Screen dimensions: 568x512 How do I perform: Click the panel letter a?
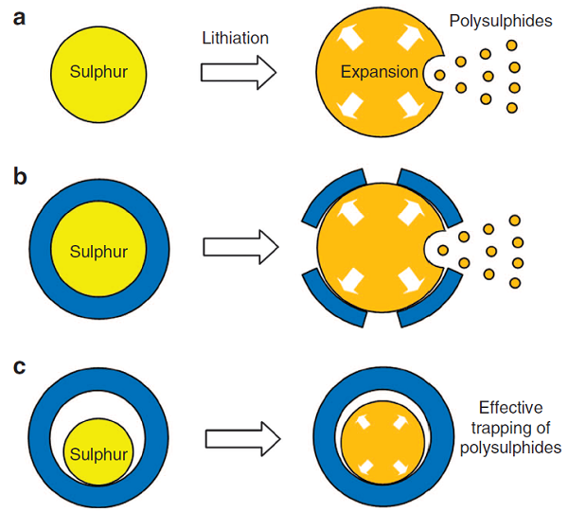(19, 19)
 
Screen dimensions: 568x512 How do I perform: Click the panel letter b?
(20, 176)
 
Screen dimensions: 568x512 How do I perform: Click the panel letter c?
(19, 367)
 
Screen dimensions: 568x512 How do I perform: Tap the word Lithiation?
(235, 38)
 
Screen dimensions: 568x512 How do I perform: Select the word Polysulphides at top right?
(501, 21)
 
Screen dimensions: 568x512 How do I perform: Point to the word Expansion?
(380, 72)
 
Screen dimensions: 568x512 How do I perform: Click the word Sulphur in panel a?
(98, 72)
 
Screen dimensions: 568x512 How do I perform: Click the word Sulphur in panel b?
(98, 252)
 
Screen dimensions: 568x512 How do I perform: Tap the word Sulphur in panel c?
(98, 454)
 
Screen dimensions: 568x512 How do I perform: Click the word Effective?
(511, 408)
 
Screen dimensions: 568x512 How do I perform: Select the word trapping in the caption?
(501, 429)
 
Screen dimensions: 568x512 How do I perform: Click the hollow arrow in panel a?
(239, 73)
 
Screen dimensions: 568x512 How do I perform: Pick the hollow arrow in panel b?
(240, 247)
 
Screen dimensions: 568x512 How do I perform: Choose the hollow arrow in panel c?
(243, 438)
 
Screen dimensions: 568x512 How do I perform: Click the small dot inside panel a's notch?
(440, 76)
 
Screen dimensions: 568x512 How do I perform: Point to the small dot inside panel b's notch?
(443, 250)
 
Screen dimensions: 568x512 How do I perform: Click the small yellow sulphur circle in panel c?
(98, 451)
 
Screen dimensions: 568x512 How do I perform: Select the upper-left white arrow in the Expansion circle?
(349, 37)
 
